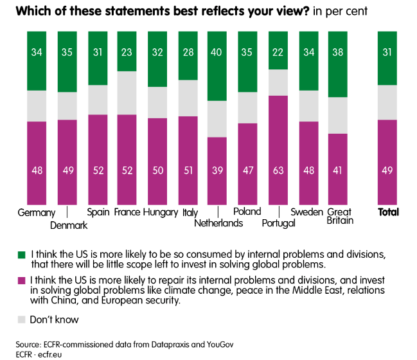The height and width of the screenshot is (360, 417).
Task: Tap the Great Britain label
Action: [x=339, y=217]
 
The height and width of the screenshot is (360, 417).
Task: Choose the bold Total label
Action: [x=388, y=212]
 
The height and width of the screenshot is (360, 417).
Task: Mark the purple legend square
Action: [x=21, y=280]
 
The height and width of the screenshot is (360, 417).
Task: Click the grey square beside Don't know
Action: [x=21, y=319]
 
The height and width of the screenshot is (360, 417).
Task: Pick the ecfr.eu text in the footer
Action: [x=58, y=354]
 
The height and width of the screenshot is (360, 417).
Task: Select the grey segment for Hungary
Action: [x=157, y=102]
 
